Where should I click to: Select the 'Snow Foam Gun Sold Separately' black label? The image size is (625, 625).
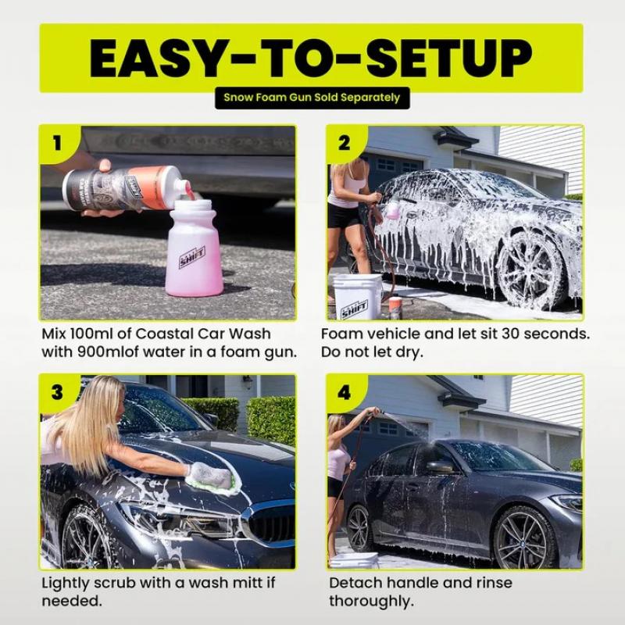312,98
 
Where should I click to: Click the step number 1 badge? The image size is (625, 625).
56,143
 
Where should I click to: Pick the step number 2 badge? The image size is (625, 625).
344,143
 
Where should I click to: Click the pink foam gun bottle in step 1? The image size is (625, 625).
193,250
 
